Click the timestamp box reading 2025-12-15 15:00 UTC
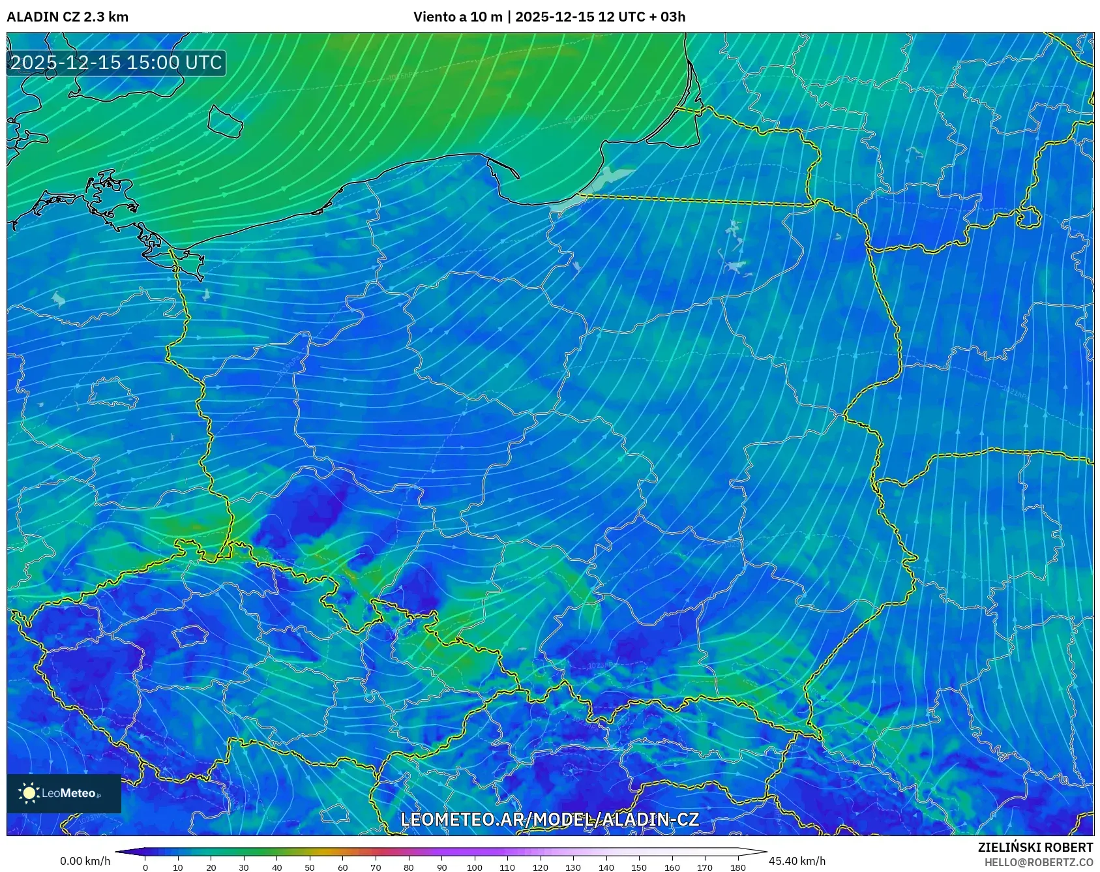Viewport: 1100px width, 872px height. point(116,63)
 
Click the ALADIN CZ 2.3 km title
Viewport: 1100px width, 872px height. point(67,17)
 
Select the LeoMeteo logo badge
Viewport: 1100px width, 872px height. point(64,793)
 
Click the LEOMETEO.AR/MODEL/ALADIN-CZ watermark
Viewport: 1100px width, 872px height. point(549,820)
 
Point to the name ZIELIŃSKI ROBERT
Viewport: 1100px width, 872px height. point(1035,847)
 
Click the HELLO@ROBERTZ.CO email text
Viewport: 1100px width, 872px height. point(1038,862)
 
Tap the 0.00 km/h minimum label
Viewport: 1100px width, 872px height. point(85,861)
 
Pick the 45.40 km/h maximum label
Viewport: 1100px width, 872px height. point(797,861)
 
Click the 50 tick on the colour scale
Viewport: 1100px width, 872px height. point(310,867)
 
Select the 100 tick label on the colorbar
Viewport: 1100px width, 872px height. point(474,867)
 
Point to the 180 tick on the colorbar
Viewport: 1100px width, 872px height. point(737,867)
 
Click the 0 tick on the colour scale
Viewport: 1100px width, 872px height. point(145,867)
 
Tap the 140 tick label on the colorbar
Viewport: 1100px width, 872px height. point(606,867)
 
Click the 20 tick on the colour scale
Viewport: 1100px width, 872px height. point(211,867)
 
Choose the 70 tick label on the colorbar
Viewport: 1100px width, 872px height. point(376,867)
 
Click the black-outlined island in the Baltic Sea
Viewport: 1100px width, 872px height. point(225,121)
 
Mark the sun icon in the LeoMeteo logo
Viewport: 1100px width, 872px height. point(29,793)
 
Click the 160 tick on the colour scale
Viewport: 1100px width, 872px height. point(672,867)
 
